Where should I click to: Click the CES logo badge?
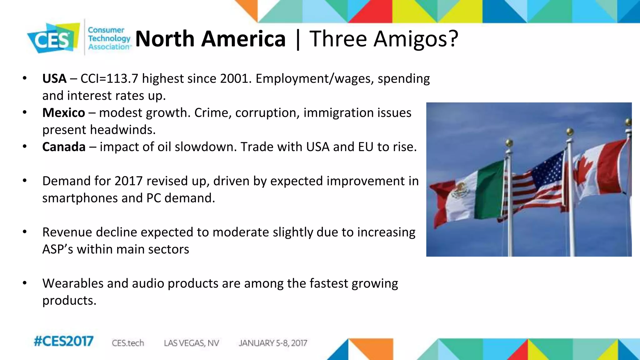coord(52,38)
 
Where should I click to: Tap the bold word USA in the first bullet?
coord(54,78)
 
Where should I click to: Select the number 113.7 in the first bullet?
coord(122,78)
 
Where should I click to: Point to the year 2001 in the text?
coord(234,78)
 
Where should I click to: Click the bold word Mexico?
coord(64,112)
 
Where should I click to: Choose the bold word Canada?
coord(64,147)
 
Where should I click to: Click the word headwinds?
coord(122,130)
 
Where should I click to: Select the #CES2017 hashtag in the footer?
coord(63,341)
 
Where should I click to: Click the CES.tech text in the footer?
coord(128,343)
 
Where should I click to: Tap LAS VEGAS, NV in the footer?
coord(191,343)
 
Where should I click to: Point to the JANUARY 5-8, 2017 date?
coord(273,343)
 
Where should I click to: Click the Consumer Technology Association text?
coord(109,38)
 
